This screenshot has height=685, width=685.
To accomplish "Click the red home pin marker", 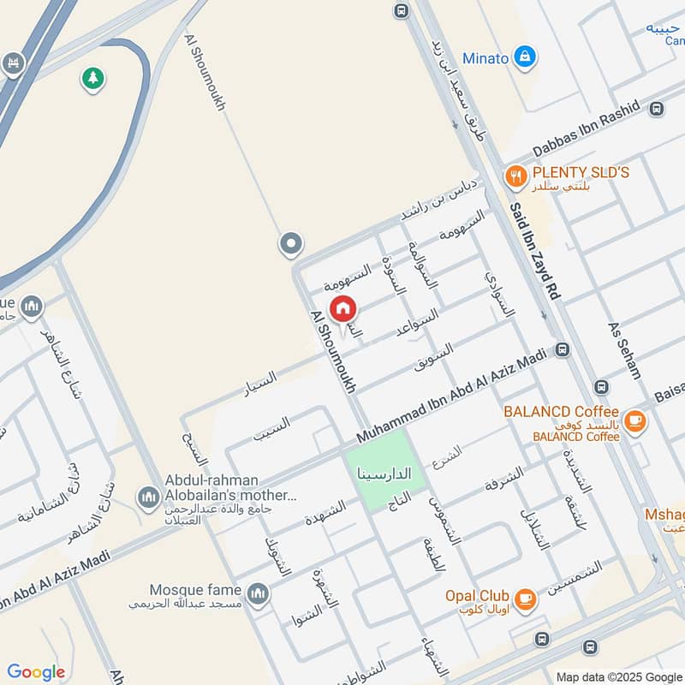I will point(343,308).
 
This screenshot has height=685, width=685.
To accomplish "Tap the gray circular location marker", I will point(291,245).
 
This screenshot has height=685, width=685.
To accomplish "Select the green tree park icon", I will point(92,79).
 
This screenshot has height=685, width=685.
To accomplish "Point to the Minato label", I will point(485,58).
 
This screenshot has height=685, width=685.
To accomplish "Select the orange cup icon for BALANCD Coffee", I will point(634,420).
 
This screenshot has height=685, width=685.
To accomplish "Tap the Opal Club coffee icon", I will point(526,599).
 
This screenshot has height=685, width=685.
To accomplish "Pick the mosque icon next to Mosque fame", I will point(258,593).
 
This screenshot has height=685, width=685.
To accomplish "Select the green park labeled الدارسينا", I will point(385,470).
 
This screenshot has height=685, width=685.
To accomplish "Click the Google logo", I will point(36,672).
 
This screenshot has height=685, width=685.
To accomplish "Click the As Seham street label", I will point(624,350).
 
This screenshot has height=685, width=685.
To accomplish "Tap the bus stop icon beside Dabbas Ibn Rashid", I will point(657,109).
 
